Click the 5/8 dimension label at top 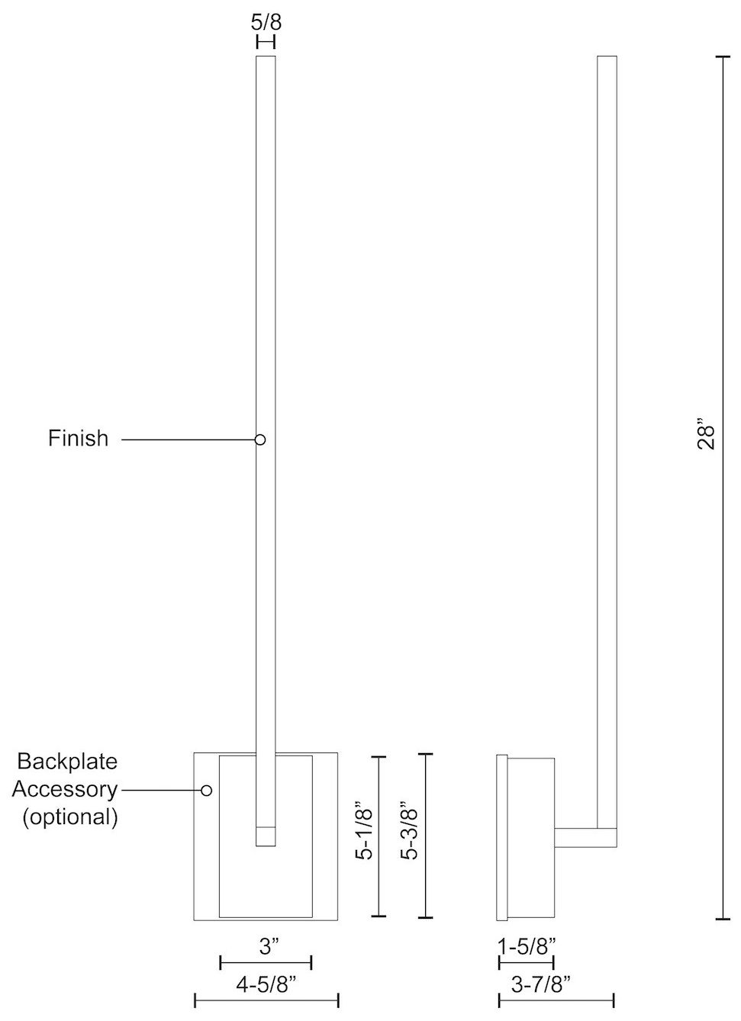pyautogui.click(x=266, y=21)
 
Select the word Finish pyautogui.click(x=79, y=439)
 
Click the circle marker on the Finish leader pyautogui.click(x=260, y=440)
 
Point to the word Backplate pyautogui.click(x=67, y=762)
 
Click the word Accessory pyautogui.click(x=65, y=789)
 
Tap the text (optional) pyautogui.click(x=70, y=816)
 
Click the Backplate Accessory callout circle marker pyautogui.click(x=206, y=791)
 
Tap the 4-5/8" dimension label pyautogui.click(x=266, y=985)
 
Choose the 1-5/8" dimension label pyautogui.click(x=527, y=947)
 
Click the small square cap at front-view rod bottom pyautogui.click(x=265, y=836)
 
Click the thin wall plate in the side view pyautogui.click(x=501, y=836)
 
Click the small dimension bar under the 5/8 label pyautogui.click(x=266, y=42)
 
